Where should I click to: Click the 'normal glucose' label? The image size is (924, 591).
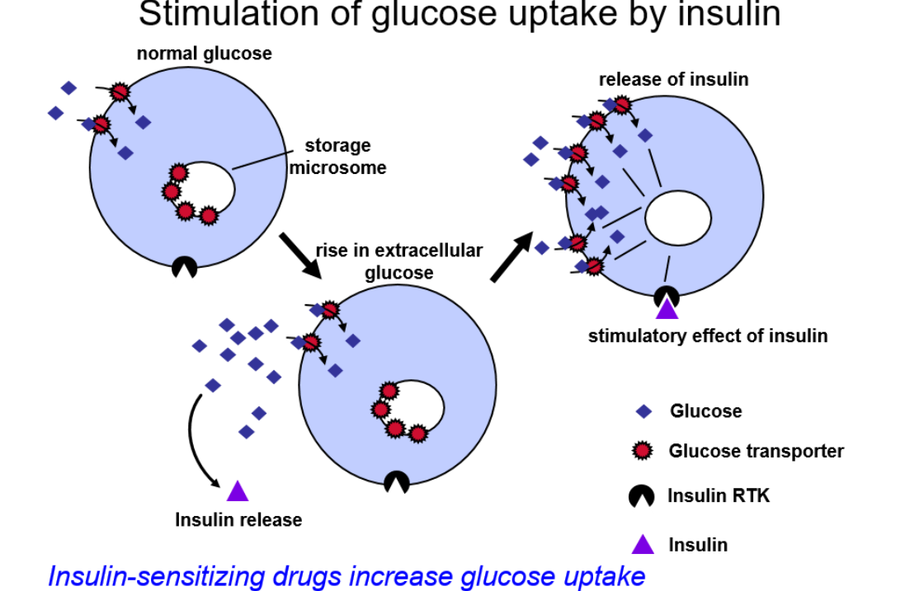pos(204,54)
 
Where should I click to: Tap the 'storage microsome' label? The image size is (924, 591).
pos(337,157)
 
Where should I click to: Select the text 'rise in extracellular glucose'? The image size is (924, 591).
pos(398,261)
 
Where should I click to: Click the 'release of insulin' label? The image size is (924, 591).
pos(673,79)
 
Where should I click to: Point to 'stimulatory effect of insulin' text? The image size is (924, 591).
pos(707,335)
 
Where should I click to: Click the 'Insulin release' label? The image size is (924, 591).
pos(238,520)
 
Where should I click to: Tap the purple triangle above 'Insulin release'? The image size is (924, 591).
pos(238,491)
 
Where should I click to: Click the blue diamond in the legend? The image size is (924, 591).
pos(644,410)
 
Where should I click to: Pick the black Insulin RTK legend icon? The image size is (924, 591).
pos(642,495)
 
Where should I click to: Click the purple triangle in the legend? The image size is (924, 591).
pos(643,544)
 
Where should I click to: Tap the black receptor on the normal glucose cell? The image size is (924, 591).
pos(185,267)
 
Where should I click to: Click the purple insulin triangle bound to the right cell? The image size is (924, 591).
pos(667,309)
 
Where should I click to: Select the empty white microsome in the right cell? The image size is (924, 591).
pos(677,221)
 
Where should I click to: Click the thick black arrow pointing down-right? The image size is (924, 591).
pos(299,255)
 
